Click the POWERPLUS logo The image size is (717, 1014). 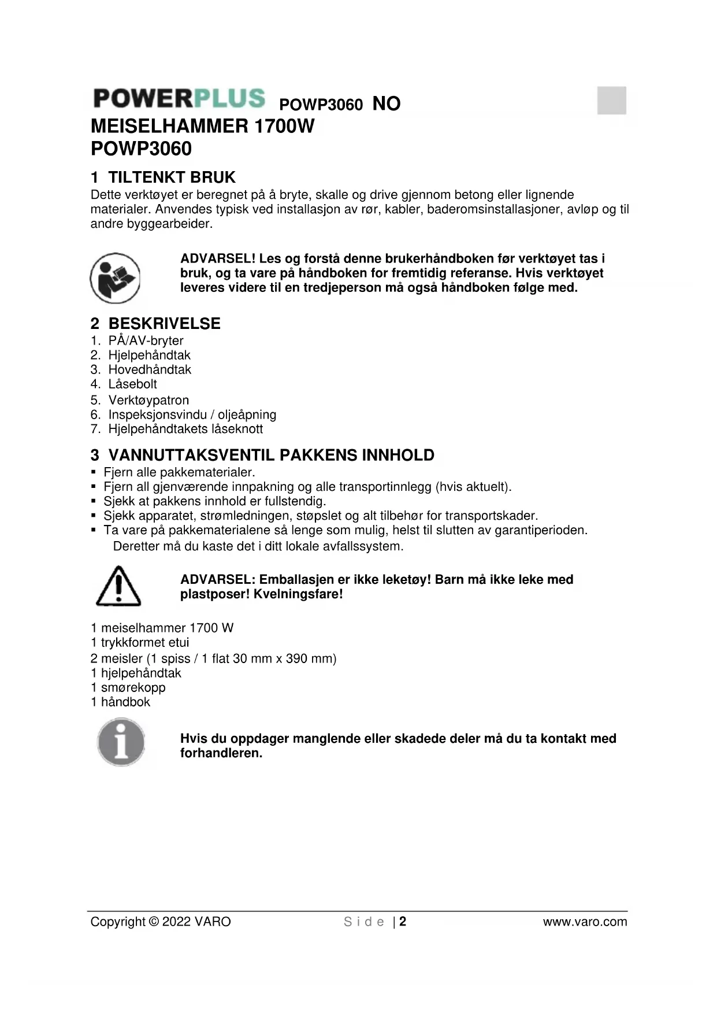coord(179,98)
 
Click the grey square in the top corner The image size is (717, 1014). coord(611,101)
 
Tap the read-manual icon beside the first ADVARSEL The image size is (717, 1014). coord(115,278)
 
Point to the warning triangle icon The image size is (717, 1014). coord(118,587)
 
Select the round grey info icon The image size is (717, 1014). coord(121,742)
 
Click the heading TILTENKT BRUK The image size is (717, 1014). coord(172,177)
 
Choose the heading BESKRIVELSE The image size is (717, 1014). coord(164,323)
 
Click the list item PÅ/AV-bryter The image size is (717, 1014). coord(146,341)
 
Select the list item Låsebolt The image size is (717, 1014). coord(132,384)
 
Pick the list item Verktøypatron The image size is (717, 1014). coord(148,400)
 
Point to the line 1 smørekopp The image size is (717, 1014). coord(128,687)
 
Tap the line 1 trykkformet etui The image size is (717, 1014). coord(140,642)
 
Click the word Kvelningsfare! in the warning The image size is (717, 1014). coord(298,594)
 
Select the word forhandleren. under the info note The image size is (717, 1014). coord(221,753)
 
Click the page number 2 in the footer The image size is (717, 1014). coord(403,922)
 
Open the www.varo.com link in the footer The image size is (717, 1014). coord(585,922)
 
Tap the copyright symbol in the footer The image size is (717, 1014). coord(153,922)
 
